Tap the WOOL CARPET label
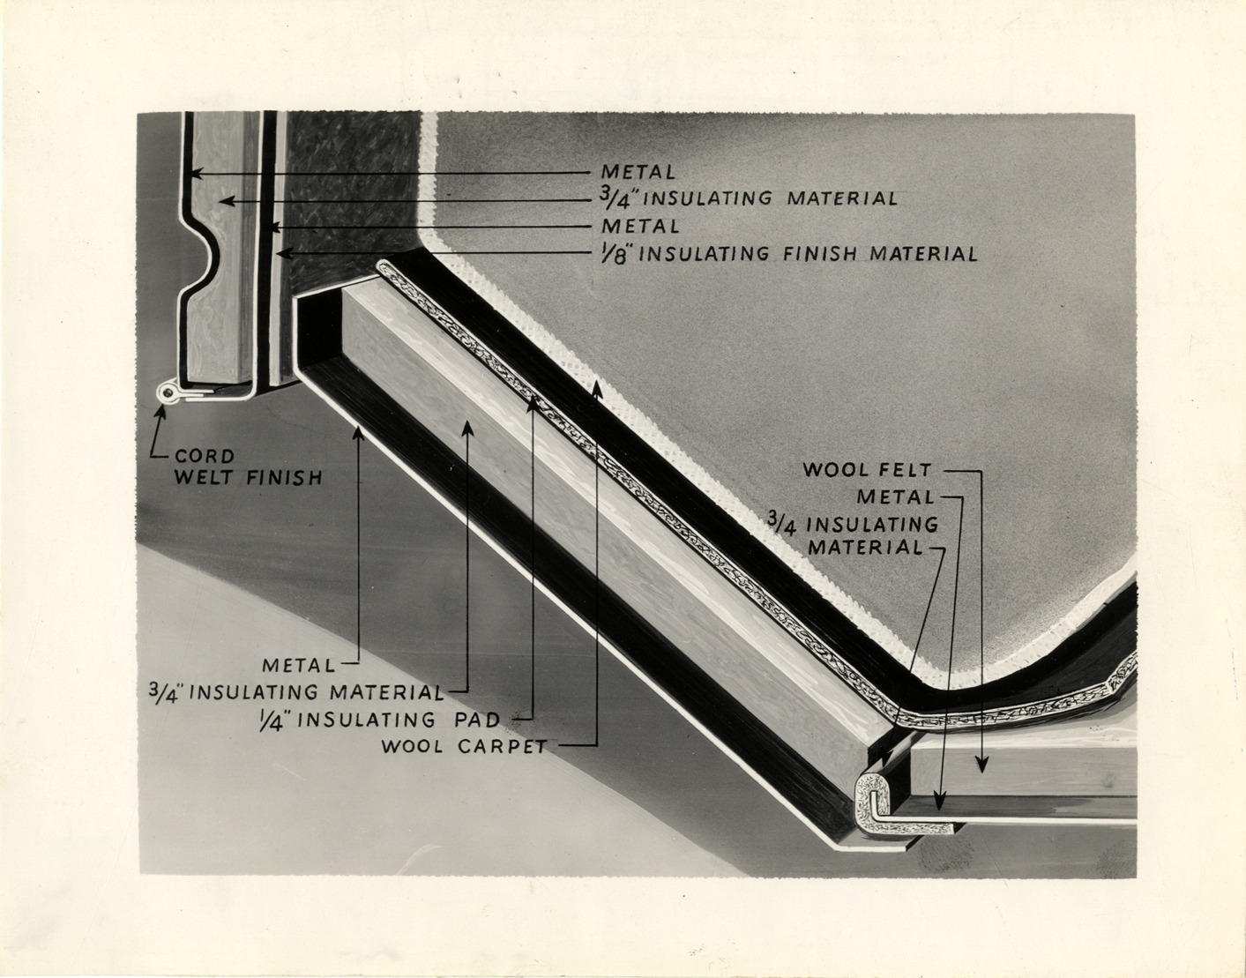click(464, 746)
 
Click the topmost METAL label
click(638, 171)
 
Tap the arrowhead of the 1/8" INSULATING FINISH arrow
click(280, 254)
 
